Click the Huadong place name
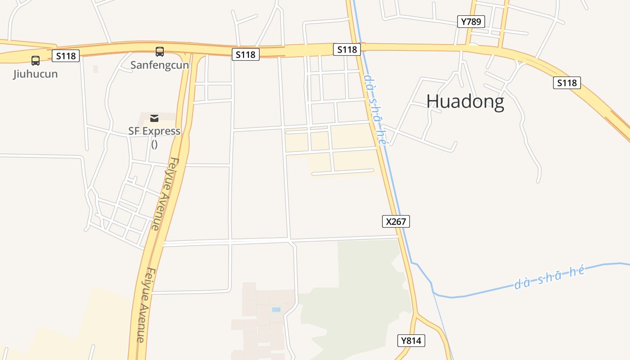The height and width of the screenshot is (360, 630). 465,101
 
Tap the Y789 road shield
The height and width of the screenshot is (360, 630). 471,22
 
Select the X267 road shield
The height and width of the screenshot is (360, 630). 396,221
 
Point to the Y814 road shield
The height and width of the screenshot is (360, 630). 411,341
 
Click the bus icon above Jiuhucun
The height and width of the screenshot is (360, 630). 36,60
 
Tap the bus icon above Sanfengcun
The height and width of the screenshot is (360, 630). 160,51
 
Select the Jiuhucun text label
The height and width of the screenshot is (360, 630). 36,74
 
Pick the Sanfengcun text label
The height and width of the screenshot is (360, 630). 160,65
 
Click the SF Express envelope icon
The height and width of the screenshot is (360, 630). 154,118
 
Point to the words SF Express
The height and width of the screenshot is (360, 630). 154,131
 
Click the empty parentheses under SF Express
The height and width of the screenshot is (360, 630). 154,144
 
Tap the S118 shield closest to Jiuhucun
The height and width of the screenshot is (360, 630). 66,56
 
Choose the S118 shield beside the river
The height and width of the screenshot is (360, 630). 347,49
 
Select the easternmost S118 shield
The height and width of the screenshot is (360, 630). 567,83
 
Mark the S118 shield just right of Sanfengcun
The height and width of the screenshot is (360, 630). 246,55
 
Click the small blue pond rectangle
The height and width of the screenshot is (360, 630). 276,310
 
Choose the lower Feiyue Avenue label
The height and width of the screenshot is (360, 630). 146,305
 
